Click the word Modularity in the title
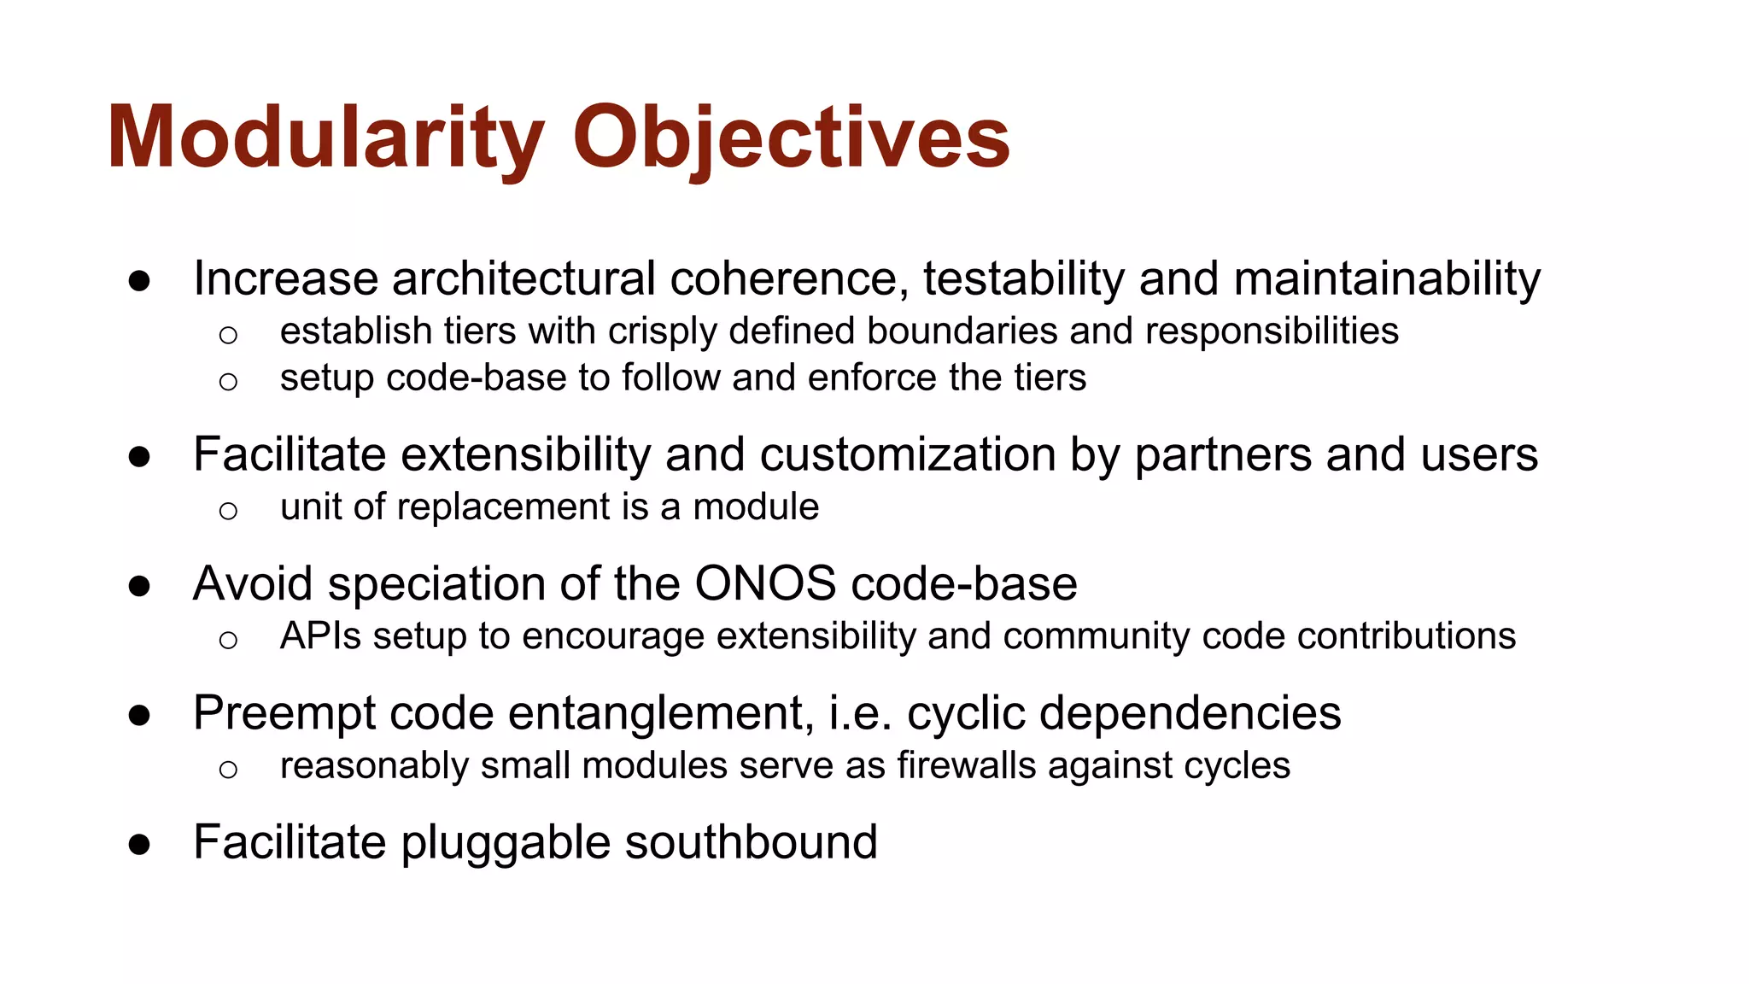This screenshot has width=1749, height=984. tap(325, 138)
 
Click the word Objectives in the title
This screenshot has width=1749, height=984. tap(791, 138)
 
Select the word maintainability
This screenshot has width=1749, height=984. tap(1387, 279)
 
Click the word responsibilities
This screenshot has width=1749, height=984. tap(1272, 331)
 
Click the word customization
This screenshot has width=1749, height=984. tap(907, 454)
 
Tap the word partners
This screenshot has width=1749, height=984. tap(1222, 454)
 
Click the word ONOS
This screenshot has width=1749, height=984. tap(765, 584)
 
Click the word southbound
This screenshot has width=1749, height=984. tap(751, 843)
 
